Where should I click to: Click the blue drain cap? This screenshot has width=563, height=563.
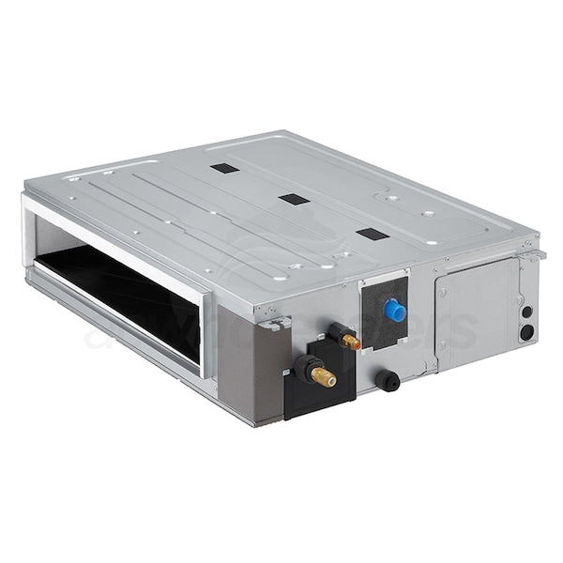click(395, 311)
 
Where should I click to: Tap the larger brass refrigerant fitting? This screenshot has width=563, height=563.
click(323, 376)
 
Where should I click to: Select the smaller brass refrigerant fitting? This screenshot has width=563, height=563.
click(349, 342)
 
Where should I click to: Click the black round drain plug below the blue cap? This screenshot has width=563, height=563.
click(387, 380)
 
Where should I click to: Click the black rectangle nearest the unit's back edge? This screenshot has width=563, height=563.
click(223, 169)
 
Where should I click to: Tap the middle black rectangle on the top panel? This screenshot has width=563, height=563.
click(294, 200)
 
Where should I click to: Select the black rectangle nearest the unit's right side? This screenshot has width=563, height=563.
click(372, 234)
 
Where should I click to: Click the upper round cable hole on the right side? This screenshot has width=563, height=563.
click(526, 312)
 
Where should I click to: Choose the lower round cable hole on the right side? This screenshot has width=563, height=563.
click(526, 331)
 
